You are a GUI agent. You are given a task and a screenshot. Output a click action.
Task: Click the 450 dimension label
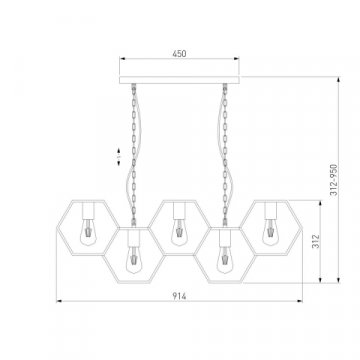click(179, 53)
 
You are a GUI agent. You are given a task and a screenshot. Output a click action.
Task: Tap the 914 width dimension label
click(179, 296)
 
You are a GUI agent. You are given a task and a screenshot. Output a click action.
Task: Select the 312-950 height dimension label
click(334, 180)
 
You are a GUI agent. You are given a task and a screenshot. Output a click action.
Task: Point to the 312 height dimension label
click(316, 241)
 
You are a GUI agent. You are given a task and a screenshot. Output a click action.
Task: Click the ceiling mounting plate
click(179, 80)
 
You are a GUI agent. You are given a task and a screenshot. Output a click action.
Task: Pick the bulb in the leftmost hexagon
click(88, 232)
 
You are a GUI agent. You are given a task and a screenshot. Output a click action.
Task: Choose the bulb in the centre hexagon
click(179, 232)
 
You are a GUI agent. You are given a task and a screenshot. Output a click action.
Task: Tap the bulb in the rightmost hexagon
click(270, 232)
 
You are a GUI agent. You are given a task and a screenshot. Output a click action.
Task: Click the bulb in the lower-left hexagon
click(134, 260)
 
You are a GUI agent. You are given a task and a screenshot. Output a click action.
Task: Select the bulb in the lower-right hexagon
click(225, 260)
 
